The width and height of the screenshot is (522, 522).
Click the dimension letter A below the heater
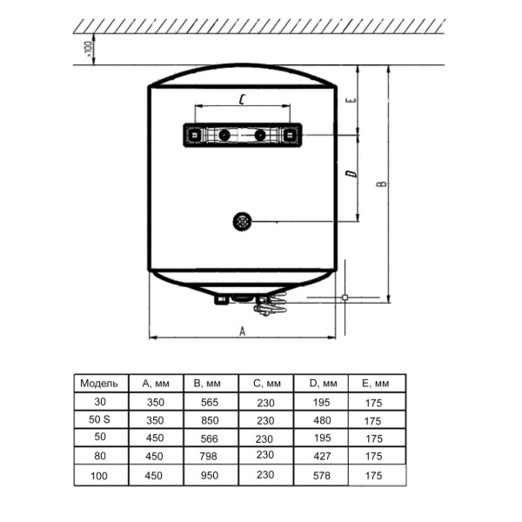243,331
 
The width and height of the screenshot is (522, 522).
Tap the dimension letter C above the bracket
243,99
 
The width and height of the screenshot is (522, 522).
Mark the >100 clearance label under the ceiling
88,49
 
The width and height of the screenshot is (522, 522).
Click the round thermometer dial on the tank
243,222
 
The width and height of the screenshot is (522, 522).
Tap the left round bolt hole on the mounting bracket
224,135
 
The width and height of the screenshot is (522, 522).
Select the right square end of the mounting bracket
290,135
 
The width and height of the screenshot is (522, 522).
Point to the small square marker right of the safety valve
345,297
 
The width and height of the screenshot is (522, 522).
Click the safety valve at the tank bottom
271,304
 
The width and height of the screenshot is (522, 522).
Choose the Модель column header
99,383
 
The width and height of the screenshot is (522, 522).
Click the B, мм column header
207,384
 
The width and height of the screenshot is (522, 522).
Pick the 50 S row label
99,419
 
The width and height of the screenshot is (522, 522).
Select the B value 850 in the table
210,420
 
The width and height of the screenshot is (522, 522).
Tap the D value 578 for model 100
322,475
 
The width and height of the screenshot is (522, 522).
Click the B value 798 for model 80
209,456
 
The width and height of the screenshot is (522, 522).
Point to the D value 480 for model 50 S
322,420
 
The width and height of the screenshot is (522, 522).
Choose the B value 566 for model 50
209,438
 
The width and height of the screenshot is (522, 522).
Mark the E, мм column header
375,384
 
